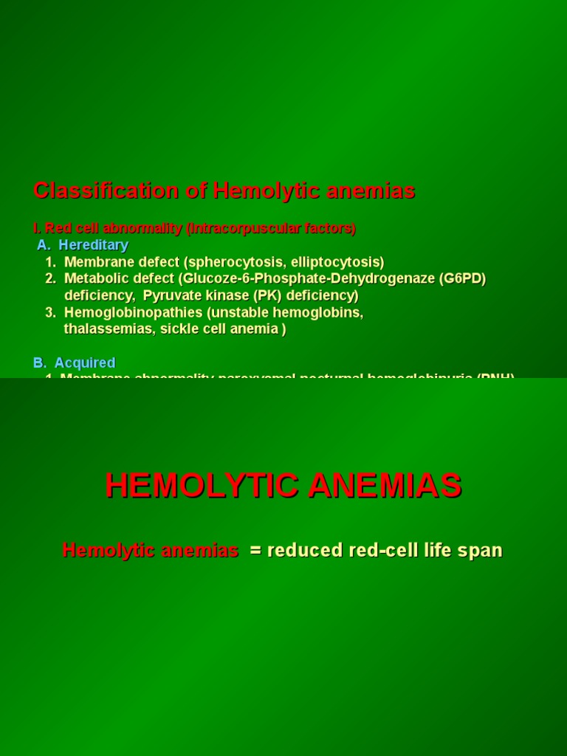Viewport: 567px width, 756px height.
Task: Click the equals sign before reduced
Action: pyautogui.click(x=255, y=551)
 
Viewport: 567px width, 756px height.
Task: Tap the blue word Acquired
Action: pyautogui.click(x=85, y=363)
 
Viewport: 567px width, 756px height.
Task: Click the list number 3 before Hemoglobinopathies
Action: pyautogui.click(x=49, y=313)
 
